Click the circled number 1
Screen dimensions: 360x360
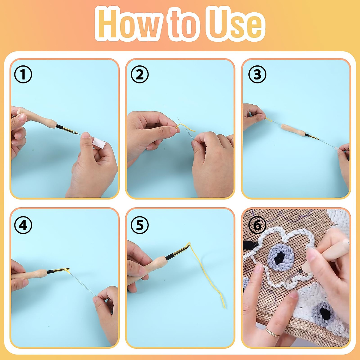pyautogui.click(x=23, y=75)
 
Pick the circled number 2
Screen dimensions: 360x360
pyautogui.click(x=140, y=75)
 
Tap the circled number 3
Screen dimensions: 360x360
pyautogui.click(x=257, y=75)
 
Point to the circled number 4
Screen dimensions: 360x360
pyautogui.click(x=23, y=225)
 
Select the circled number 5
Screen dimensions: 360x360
pyautogui.click(x=140, y=225)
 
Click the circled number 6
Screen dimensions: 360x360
pyautogui.click(x=257, y=225)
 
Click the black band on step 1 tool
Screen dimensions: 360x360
pyautogui.click(x=59, y=127)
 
